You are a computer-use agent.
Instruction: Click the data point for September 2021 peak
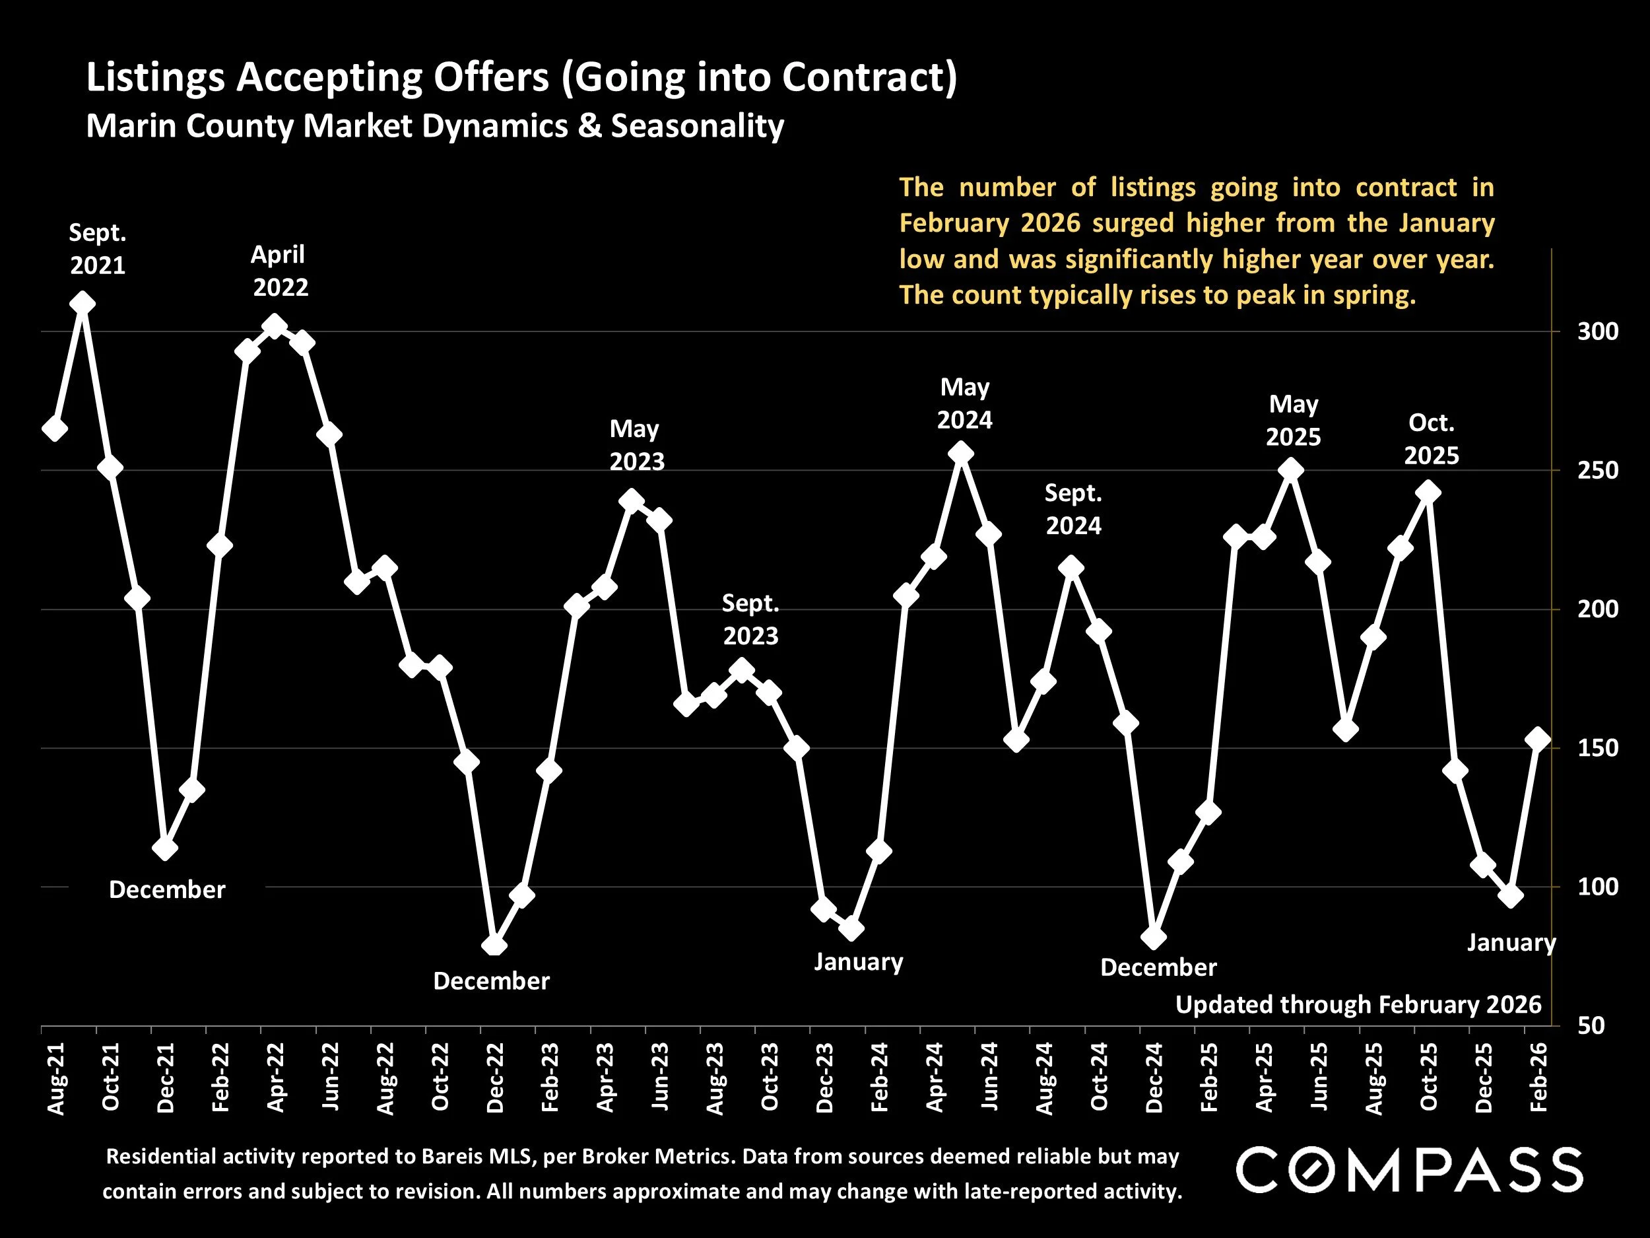coord(82,304)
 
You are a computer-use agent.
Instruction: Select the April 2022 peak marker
coord(275,326)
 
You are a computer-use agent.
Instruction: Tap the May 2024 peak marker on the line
coord(962,454)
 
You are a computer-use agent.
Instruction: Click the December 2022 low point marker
coord(494,946)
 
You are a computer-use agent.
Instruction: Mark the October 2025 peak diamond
coord(1428,493)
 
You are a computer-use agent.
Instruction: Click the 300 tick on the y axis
coord(1597,332)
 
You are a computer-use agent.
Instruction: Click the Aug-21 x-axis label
coord(56,1078)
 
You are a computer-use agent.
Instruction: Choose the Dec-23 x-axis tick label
coord(824,1078)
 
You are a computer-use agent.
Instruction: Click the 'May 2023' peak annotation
coord(636,446)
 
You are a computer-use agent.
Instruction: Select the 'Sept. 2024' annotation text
coord(1073,510)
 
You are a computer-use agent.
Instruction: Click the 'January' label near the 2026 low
coord(1511,942)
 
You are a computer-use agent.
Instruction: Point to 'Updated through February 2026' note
coord(1358,1004)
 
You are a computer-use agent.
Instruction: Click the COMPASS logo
coord(1409,1169)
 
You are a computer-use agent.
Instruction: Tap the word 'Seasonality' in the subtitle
coord(698,126)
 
